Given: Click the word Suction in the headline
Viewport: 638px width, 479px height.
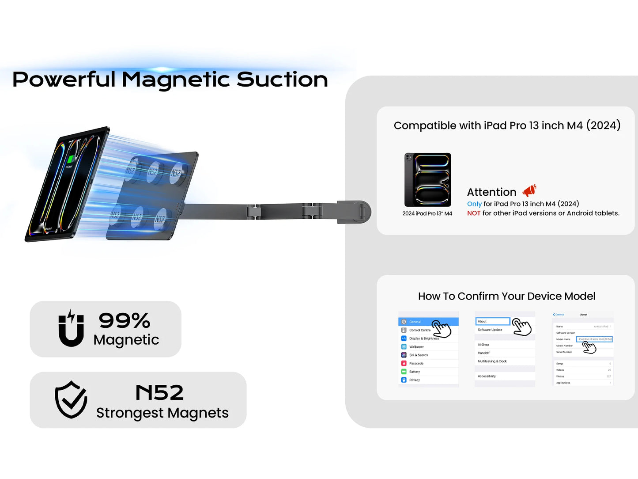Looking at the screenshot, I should pyautogui.click(x=282, y=80).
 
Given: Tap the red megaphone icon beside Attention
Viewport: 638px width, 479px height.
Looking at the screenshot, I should pyautogui.click(x=529, y=190).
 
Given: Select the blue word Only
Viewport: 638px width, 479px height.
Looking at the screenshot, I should pyautogui.click(x=474, y=204).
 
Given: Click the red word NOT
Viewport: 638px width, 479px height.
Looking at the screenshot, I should pyautogui.click(x=474, y=213).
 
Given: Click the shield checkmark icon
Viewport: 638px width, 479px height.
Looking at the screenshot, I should pyautogui.click(x=71, y=399).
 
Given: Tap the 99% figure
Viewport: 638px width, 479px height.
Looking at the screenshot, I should pyautogui.click(x=125, y=320).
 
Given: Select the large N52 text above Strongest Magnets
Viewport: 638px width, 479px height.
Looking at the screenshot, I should pyautogui.click(x=159, y=392).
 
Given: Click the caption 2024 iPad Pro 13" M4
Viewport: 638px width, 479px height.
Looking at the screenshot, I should pyautogui.click(x=427, y=213).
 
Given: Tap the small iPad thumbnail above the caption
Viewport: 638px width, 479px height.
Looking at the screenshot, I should pyautogui.click(x=428, y=179).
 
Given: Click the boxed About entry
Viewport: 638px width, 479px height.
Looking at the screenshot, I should pyautogui.click(x=492, y=321).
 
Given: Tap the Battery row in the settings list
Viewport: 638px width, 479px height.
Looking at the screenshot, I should pyautogui.click(x=415, y=372).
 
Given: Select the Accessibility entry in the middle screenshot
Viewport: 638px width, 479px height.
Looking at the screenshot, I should pyautogui.click(x=487, y=376).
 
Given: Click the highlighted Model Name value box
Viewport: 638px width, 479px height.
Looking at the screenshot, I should pyautogui.click(x=594, y=339).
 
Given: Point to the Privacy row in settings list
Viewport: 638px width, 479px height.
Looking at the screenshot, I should pyautogui.click(x=415, y=380).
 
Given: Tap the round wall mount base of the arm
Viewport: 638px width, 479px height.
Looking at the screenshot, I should pyautogui.click(x=359, y=212).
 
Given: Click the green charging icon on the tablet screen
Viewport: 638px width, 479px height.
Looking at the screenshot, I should pyautogui.click(x=71, y=160).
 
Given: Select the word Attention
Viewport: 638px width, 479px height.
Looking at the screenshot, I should pyautogui.click(x=491, y=192).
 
